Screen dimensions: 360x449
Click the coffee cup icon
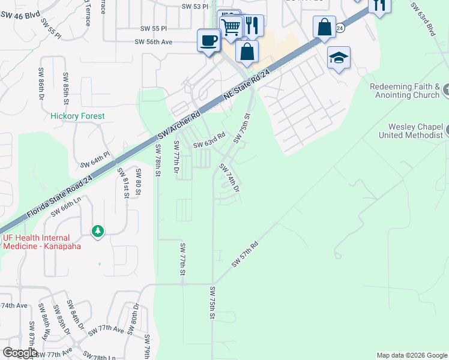click(208, 41)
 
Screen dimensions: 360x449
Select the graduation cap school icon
click(339, 58)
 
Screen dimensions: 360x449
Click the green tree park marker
click(97, 230)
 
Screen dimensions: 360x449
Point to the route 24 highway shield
click(340, 28)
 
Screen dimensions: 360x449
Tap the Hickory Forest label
click(77, 116)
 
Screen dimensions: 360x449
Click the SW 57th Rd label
click(245, 254)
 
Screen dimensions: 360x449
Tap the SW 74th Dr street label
click(230, 178)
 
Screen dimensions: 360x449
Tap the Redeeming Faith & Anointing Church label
click(405, 91)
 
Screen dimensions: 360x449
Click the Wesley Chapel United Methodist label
click(411, 131)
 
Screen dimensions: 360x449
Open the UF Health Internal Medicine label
click(44, 242)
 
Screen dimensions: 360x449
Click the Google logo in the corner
click(20, 353)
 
